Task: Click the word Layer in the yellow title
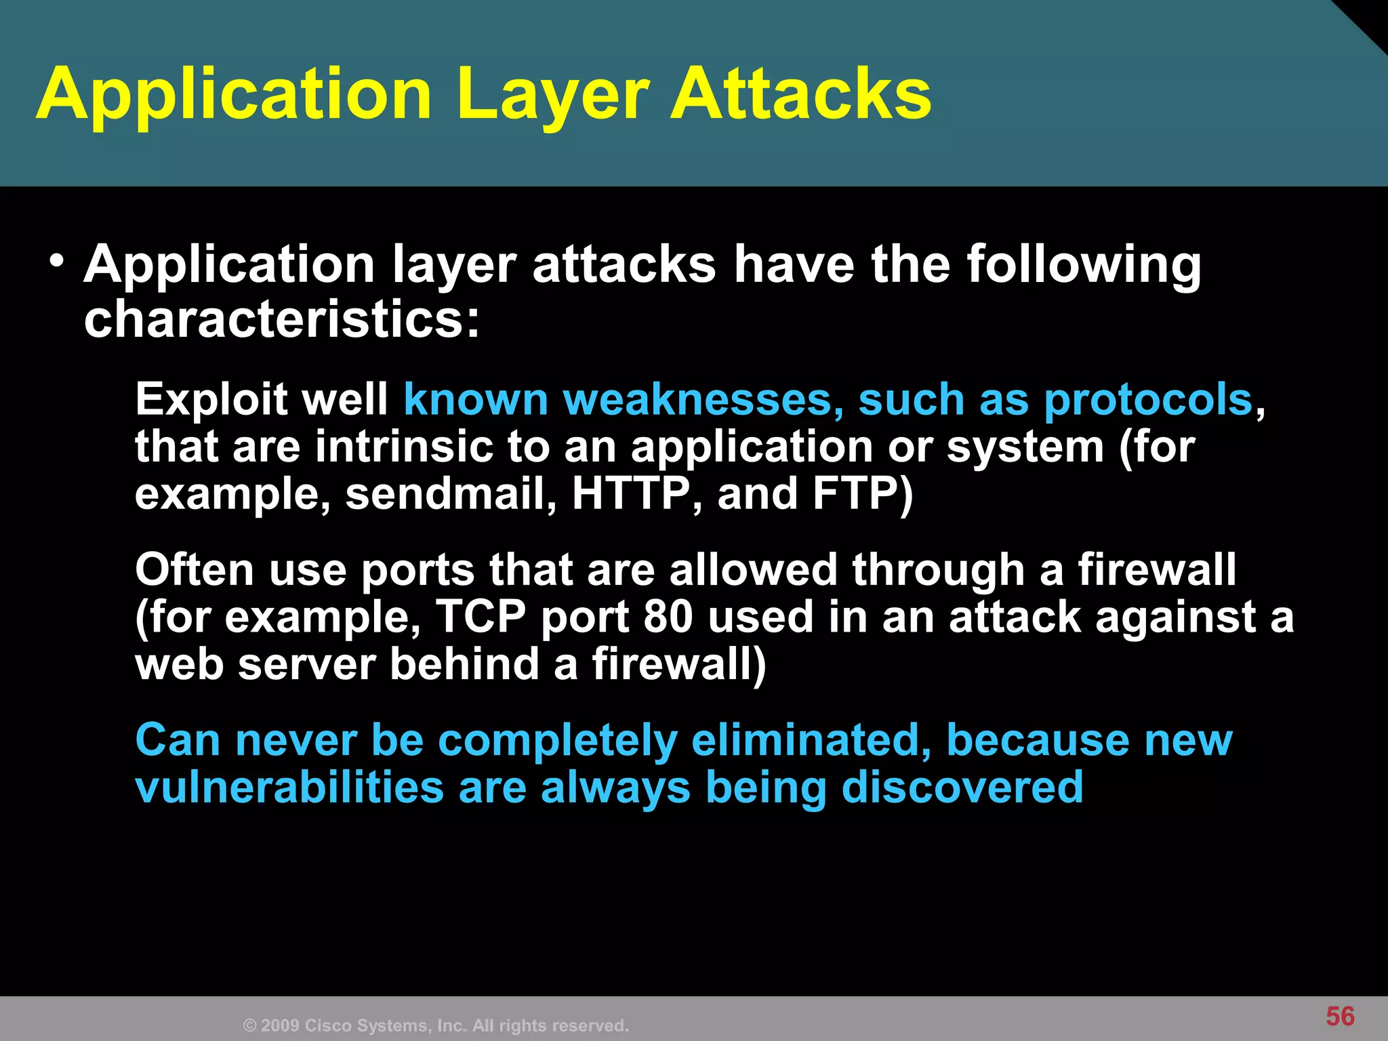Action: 552,95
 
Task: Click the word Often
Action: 194,569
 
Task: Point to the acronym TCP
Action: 481,617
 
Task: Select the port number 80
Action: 668,617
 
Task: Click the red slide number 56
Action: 1340,1017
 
